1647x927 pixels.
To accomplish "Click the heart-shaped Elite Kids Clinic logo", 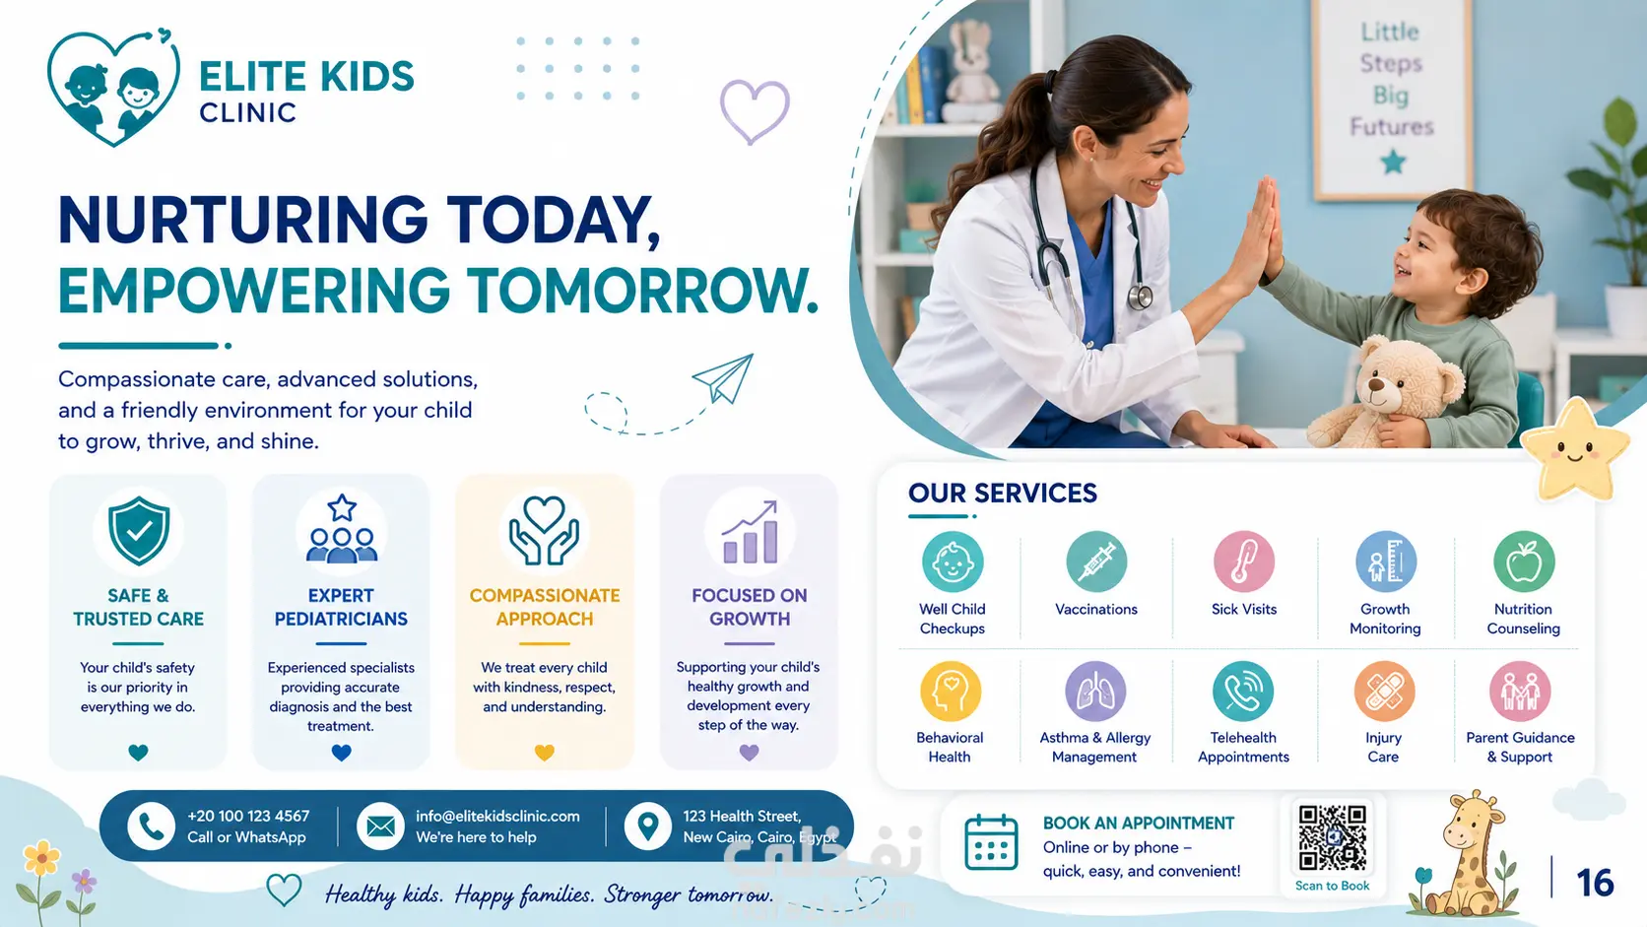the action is [x=113, y=88].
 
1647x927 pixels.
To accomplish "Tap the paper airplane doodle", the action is [x=724, y=378].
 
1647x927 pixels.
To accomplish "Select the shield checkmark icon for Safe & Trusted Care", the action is [x=138, y=531].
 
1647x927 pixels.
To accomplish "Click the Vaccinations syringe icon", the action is [x=1096, y=563].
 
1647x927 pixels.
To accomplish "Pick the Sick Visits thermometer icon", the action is [x=1243, y=563].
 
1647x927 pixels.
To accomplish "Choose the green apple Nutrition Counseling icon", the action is [x=1524, y=563].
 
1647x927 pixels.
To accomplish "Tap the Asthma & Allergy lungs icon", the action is [x=1094, y=691].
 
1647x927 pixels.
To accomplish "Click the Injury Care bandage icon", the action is [x=1384, y=691].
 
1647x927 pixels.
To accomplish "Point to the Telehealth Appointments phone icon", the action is [x=1242, y=691].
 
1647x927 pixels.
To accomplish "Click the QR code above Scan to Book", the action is [x=1333, y=837].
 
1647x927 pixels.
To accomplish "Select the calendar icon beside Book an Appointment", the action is [x=991, y=842].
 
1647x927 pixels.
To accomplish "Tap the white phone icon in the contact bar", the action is [x=151, y=827].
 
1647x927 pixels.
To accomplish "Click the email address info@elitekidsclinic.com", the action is [x=497, y=816].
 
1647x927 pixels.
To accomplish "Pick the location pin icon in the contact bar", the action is [x=647, y=827].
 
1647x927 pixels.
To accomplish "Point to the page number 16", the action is [x=1595, y=882].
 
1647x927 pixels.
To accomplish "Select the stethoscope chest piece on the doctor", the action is [x=1141, y=297].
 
